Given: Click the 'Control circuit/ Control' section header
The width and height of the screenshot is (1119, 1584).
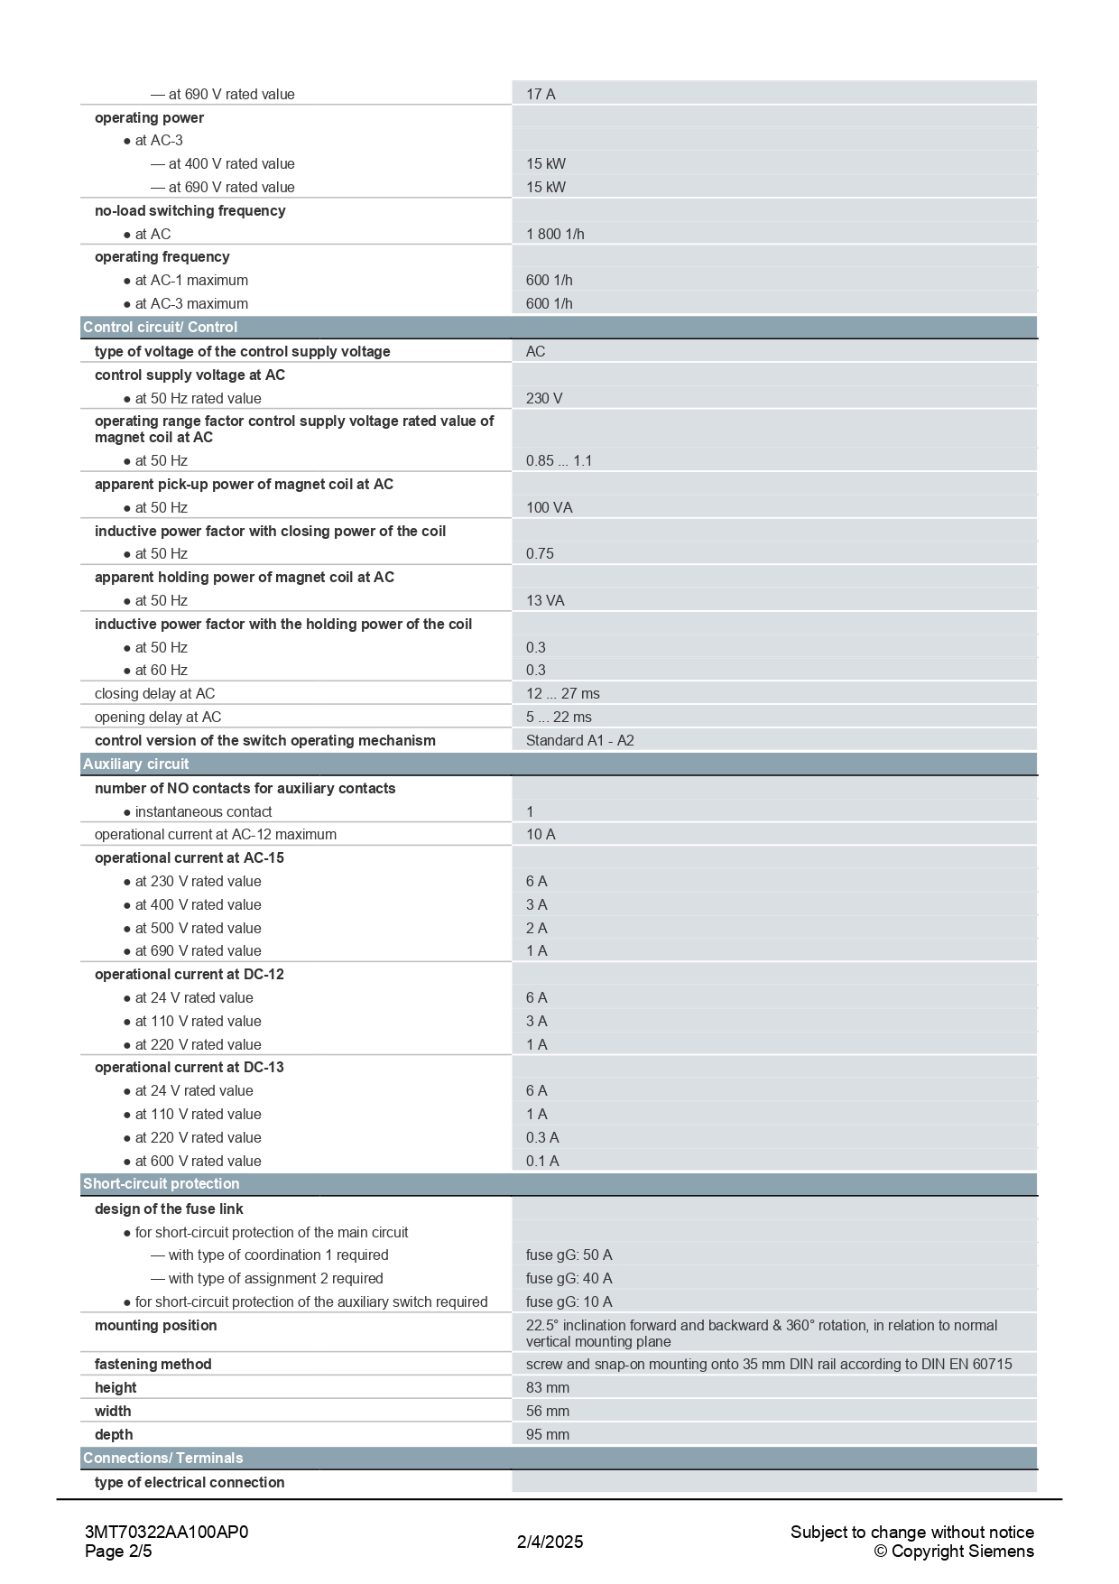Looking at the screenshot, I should (x=161, y=327).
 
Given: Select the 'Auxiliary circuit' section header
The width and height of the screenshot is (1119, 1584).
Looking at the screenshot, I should (x=136, y=764).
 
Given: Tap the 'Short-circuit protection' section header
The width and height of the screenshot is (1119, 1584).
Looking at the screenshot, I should (x=162, y=1183).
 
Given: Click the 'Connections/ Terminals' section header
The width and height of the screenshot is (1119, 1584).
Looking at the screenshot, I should (x=163, y=1458).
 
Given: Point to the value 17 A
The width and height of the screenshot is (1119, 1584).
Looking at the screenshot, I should (x=541, y=94).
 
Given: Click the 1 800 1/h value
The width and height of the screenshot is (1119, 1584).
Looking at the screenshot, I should (x=555, y=234).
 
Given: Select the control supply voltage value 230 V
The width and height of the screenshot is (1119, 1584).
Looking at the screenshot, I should (x=544, y=398).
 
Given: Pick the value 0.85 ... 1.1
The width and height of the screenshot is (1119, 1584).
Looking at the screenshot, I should (x=559, y=460).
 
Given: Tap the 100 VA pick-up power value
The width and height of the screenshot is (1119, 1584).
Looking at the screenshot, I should (x=549, y=507).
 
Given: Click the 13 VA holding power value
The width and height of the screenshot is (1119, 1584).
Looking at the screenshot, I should (x=545, y=600).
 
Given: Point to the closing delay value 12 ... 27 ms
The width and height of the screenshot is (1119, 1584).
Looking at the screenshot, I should (x=562, y=693).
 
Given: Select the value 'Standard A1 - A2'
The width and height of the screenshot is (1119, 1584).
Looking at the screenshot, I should (x=579, y=740).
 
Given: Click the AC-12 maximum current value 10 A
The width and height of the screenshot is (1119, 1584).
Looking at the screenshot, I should (x=541, y=834).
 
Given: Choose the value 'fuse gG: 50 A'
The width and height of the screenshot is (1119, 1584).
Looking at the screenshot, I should (x=569, y=1255).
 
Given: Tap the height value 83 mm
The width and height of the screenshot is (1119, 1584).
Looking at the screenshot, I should (x=547, y=1387).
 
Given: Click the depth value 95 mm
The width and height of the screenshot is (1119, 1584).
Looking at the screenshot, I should (x=547, y=1434).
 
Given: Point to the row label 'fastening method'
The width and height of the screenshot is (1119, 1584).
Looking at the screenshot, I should (x=153, y=1364).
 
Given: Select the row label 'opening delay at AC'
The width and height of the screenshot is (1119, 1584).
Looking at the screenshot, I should (x=158, y=717).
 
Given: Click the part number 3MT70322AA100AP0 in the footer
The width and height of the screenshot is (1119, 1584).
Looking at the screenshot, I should (x=166, y=1532).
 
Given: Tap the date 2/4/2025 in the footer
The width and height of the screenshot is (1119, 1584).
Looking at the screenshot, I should (x=550, y=1542).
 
